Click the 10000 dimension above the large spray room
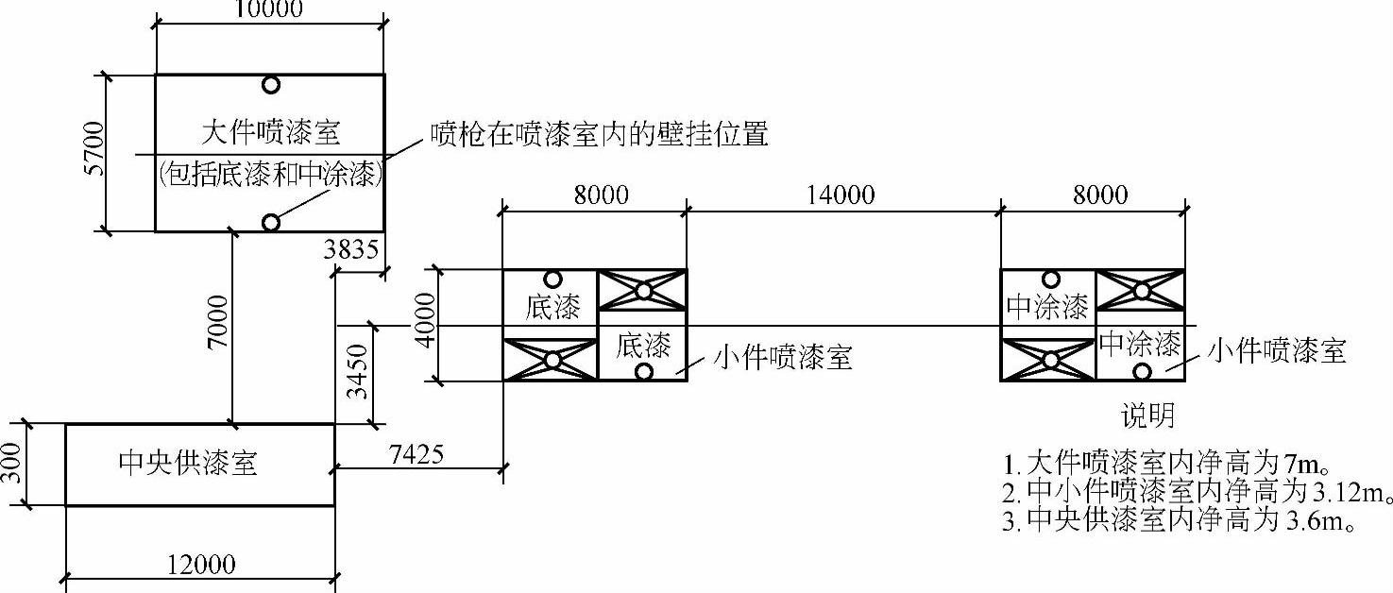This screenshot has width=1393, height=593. click(269, 9)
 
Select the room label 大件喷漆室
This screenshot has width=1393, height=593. click(270, 132)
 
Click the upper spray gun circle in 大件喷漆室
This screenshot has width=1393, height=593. click(271, 85)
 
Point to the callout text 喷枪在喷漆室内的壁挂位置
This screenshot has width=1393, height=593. click(599, 134)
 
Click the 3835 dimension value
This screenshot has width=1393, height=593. click(350, 250)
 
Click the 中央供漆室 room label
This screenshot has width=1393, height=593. click(188, 463)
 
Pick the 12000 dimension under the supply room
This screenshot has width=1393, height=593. click(201, 564)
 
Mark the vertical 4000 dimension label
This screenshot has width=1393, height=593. click(427, 320)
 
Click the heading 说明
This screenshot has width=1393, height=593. click(1147, 415)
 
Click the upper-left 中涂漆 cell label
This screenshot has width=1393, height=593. click(1048, 307)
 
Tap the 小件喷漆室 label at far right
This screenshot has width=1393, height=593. click(1277, 352)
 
